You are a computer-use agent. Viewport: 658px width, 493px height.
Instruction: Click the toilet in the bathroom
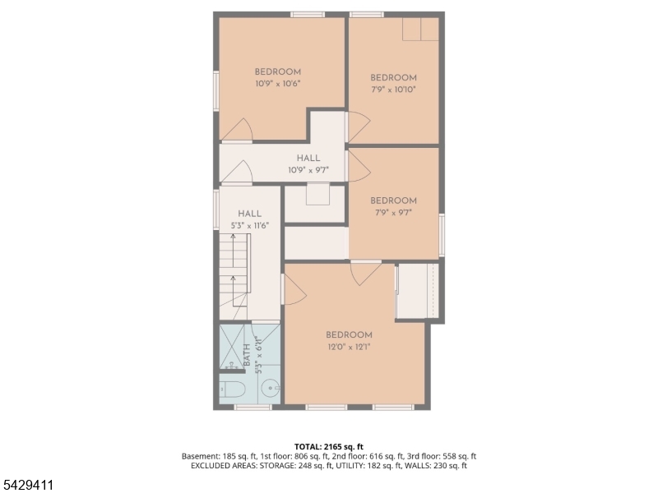click(233, 389)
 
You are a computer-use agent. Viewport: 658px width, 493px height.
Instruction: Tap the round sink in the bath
click(270, 389)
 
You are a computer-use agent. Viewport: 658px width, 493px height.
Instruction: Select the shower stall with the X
click(232, 347)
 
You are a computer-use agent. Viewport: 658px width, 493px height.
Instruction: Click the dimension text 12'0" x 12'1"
click(349, 347)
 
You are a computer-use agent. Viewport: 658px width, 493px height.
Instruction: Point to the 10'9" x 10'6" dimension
click(278, 84)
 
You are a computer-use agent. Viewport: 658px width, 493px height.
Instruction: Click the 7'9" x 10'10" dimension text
click(394, 90)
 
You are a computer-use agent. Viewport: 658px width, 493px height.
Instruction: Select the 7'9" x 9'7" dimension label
click(394, 213)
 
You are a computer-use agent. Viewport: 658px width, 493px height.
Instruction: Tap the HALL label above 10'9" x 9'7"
click(308, 158)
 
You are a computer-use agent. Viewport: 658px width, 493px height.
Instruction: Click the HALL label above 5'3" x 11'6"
click(250, 214)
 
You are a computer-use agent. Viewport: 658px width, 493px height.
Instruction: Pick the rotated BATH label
click(247, 355)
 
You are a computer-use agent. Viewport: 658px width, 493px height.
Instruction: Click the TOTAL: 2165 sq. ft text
click(328, 446)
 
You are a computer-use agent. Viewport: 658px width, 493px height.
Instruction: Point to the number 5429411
click(27, 485)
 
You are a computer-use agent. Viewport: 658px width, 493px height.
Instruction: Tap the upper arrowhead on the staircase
click(233, 236)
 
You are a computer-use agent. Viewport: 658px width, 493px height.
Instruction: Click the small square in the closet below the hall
click(317, 194)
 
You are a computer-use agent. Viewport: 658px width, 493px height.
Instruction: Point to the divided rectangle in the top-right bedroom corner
click(421, 29)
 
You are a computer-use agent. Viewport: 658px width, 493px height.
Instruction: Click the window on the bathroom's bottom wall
click(253, 407)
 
